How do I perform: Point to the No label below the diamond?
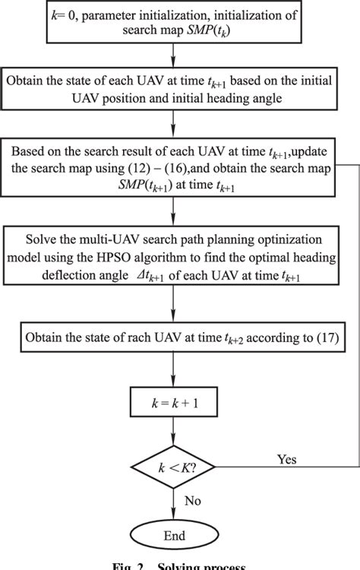coord(192,501)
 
